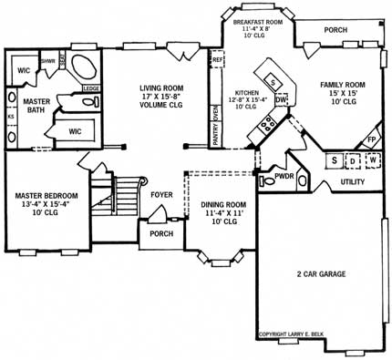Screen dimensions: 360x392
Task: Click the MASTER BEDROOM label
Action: pyautogui.click(x=46, y=195)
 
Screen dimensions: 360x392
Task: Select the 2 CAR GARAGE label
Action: pyautogui.click(x=313, y=273)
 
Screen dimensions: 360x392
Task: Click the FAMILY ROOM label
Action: pyautogui.click(x=342, y=85)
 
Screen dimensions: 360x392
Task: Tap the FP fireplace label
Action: pyautogui.click(x=371, y=140)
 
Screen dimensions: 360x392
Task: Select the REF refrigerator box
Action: pyautogui.click(x=218, y=61)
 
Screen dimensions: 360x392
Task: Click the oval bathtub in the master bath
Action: pyautogui.click(x=85, y=69)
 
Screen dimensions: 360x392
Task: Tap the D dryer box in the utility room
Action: pyautogui.click(x=354, y=161)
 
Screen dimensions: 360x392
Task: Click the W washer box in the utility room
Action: pyautogui.click(x=374, y=161)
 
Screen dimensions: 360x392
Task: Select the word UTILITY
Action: pyautogui.click(x=354, y=182)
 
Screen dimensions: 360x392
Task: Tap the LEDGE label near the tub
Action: pyautogui.click(x=91, y=88)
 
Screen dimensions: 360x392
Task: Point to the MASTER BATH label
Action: pyautogui.click(x=35, y=105)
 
